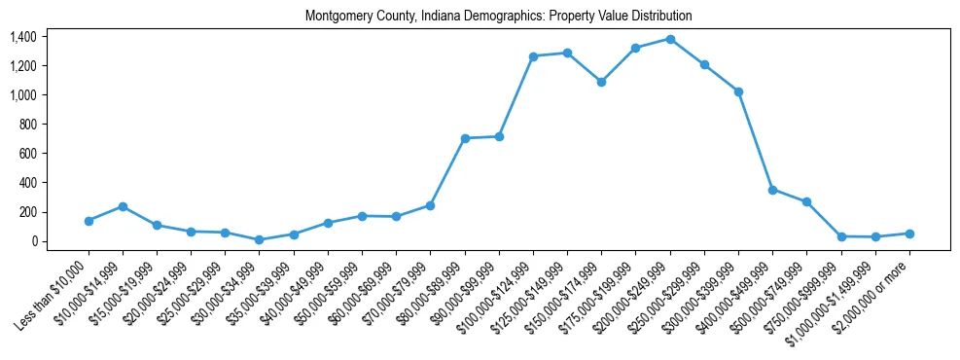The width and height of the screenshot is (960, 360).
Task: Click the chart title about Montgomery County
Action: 498,17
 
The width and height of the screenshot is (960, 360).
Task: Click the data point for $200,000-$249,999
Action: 670,39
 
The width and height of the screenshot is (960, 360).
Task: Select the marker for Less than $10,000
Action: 89,221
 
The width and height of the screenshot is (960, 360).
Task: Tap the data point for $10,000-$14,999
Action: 123,206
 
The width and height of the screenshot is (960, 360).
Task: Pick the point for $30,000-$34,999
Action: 260,239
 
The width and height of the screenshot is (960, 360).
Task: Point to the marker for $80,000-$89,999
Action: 465,138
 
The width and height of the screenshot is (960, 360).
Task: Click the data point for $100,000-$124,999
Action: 533,56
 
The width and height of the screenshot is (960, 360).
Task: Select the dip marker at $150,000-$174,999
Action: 601,82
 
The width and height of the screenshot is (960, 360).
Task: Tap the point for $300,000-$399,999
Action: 738,91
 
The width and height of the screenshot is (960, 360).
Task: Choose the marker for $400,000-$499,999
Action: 772,190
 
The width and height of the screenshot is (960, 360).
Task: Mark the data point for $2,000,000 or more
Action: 909,234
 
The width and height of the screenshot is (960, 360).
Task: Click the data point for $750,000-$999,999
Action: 841,236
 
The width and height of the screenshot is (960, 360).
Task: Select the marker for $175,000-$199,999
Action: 635,48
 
